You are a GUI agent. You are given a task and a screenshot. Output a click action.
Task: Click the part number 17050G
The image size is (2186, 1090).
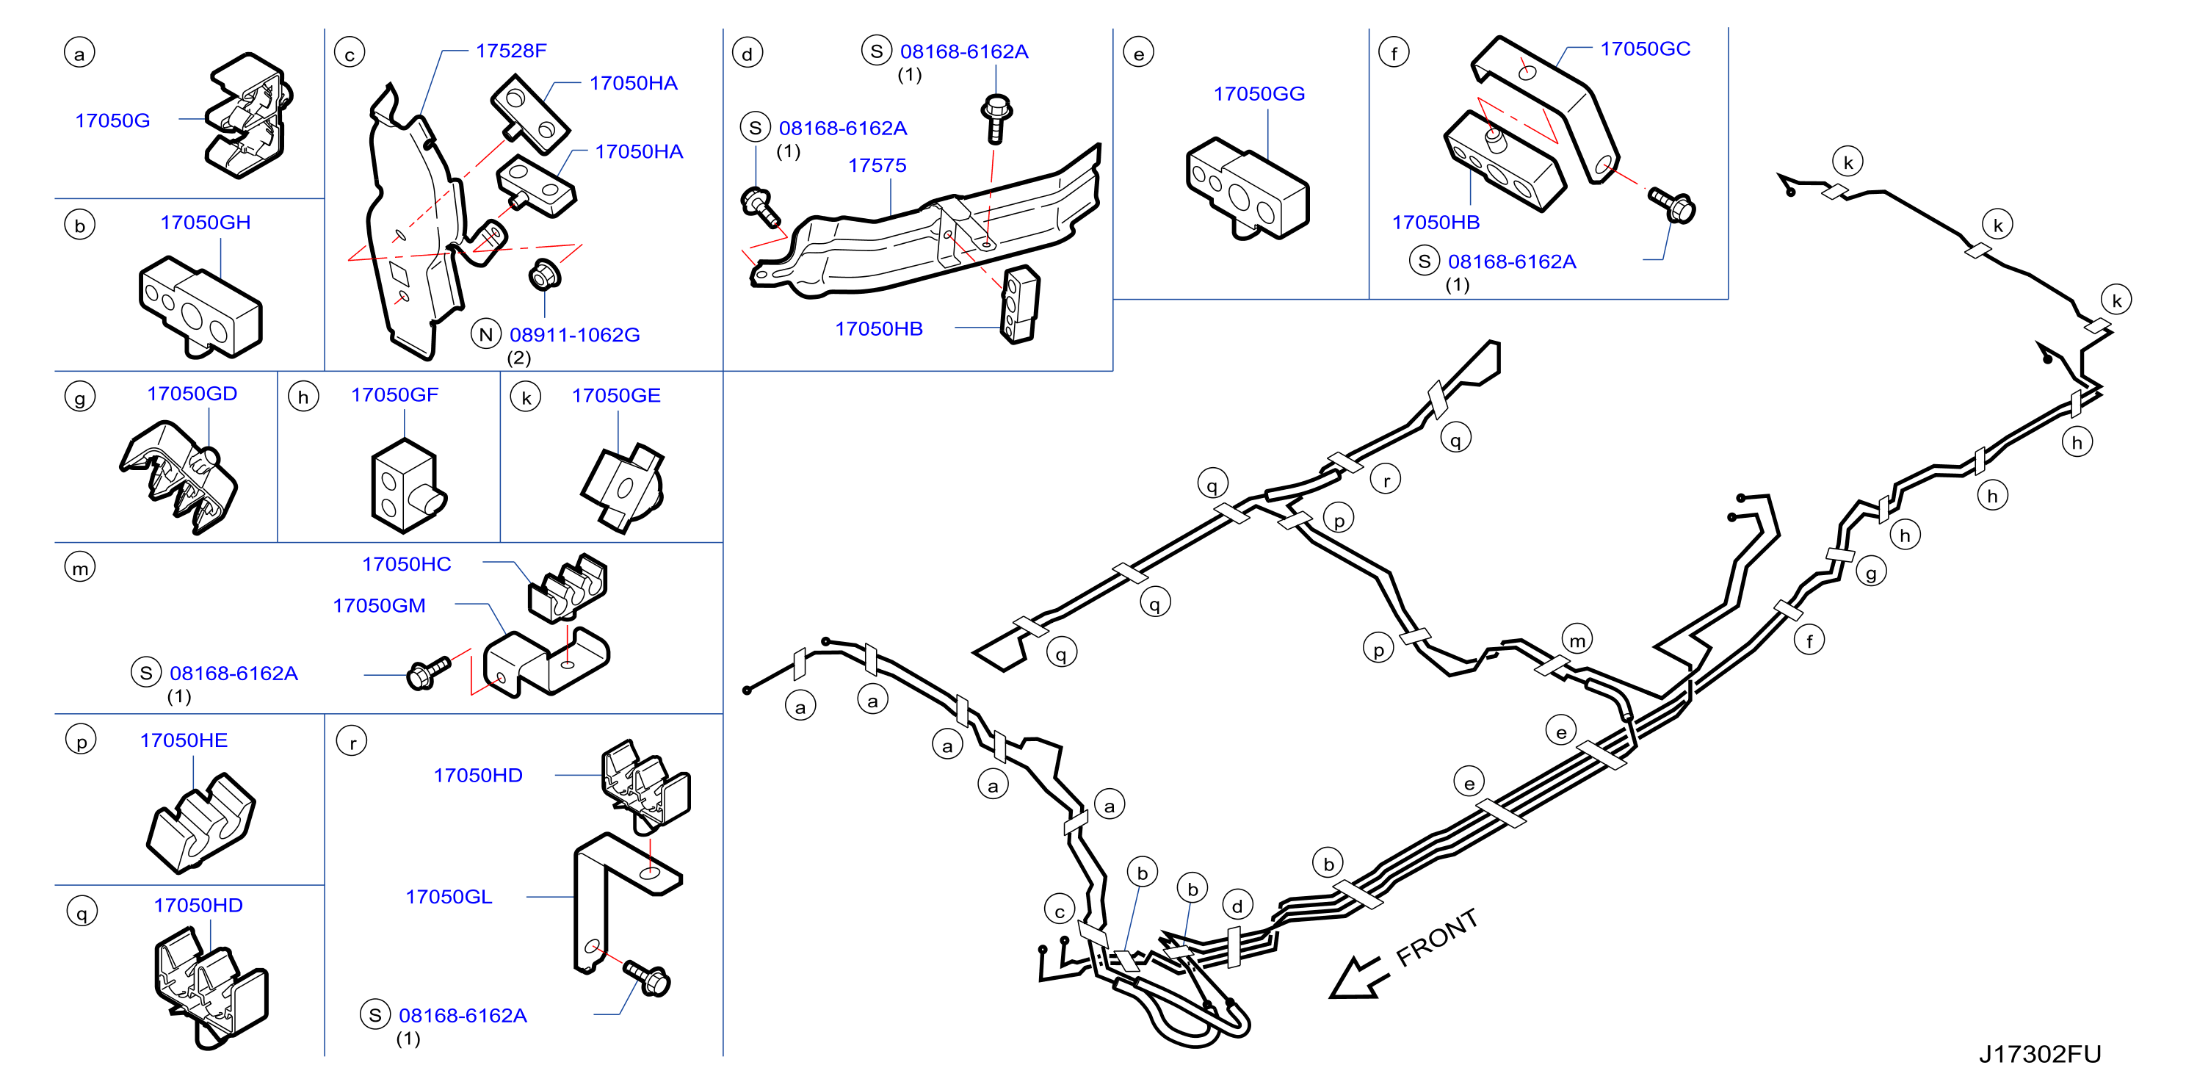112,120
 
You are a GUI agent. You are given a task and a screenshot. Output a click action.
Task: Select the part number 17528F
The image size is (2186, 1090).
511,51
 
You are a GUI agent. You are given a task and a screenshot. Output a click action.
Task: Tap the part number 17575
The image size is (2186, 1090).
877,165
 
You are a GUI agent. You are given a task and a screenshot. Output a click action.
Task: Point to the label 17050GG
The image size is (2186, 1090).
1259,94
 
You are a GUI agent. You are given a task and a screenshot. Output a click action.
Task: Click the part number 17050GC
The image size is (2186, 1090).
1645,49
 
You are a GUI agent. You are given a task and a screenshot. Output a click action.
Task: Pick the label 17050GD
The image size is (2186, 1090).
192,394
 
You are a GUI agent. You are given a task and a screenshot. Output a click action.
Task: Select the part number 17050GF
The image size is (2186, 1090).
394,394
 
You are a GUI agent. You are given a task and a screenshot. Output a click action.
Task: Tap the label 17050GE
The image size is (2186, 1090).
615,396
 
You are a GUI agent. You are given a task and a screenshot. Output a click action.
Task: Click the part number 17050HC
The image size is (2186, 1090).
407,565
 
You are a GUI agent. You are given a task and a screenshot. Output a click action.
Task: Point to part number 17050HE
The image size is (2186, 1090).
184,740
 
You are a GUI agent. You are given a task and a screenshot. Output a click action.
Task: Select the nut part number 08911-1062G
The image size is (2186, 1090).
574,336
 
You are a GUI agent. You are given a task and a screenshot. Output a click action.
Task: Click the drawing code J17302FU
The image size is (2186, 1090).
2040,1054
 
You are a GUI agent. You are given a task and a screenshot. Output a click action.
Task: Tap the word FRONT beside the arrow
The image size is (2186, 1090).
1437,937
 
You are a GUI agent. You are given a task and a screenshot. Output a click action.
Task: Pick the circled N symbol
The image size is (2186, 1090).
486,334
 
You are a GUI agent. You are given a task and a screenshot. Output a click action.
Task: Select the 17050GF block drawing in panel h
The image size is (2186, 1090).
405,486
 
